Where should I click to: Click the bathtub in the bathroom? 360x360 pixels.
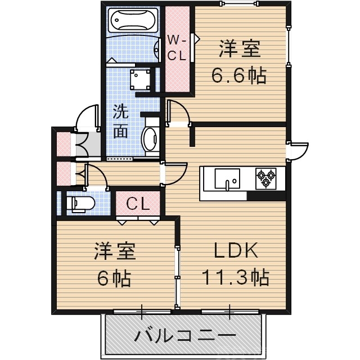132,21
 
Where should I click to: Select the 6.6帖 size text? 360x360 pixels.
238,76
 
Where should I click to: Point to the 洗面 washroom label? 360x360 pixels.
120,121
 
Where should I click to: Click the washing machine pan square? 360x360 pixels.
139,79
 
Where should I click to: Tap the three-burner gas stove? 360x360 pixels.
266,178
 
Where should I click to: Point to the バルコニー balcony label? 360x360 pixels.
184,337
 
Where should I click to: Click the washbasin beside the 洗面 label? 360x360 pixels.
151,137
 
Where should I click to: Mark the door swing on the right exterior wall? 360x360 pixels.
298,150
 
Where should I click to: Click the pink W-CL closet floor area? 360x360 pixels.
178,73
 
